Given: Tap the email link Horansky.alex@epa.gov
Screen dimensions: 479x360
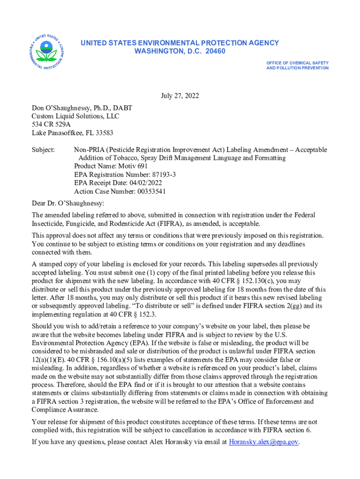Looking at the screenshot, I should (264, 442).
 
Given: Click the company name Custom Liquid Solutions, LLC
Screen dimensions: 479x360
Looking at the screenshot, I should (75, 116).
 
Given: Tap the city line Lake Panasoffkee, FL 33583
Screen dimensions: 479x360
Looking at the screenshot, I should (72, 133).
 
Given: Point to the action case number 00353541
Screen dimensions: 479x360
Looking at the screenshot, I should (151, 191).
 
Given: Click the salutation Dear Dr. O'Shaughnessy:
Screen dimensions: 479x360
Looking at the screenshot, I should (68, 203).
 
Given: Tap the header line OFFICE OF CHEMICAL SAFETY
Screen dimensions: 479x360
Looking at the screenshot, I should (297, 63).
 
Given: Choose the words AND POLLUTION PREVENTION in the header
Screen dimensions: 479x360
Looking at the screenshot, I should (297, 68).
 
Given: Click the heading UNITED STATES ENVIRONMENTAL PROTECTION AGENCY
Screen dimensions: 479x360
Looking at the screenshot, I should (180, 43).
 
